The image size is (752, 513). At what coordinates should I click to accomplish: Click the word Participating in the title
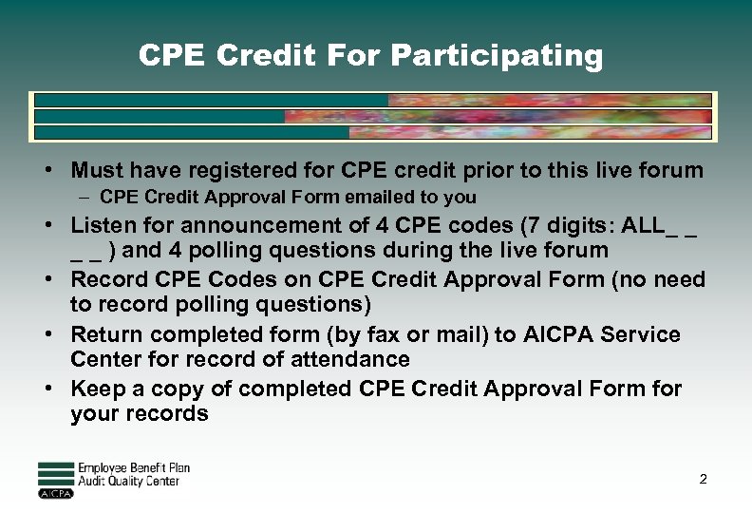(x=497, y=56)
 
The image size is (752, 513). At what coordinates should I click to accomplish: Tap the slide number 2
(x=703, y=479)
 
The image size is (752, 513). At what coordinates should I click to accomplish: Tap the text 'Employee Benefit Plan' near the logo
(x=133, y=467)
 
